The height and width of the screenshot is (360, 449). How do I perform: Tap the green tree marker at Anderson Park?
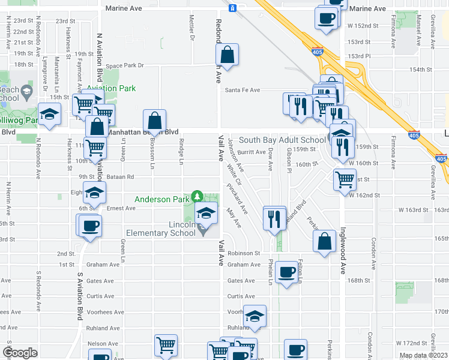point(197,196)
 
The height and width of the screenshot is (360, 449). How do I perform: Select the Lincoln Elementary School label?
point(161,229)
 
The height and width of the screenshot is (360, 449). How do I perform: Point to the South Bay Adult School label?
point(282,140)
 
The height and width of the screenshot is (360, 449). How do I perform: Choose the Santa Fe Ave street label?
point(243,90)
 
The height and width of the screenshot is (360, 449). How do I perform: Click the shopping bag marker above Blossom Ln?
point(155,121)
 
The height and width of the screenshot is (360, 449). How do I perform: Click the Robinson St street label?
point(244,253)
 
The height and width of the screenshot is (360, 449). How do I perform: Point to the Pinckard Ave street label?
point(237,199)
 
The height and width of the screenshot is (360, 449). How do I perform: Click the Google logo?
point(20,353)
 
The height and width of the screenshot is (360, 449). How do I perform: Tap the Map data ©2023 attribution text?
point(423,355)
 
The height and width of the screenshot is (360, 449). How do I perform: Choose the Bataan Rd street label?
point(121,177)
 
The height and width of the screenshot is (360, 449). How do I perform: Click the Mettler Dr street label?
point(192,28)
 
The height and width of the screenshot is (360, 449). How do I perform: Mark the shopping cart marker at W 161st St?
point(345,178)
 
